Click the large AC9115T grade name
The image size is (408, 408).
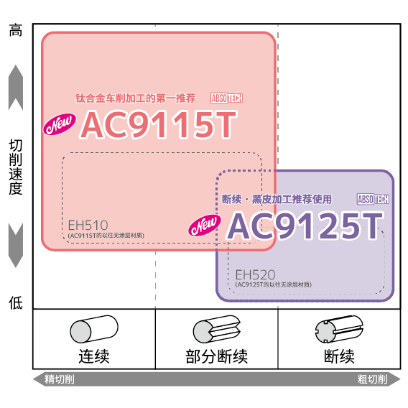point(159,124)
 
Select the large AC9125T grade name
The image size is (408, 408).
point(305,226)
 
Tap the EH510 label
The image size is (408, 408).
point(88,226)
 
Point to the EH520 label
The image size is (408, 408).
point(255,275)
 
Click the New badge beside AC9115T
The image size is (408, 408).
point(60,124)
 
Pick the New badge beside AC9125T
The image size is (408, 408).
point(205,225)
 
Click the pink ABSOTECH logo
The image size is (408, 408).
point(227,98)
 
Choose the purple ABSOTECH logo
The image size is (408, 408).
point(373,199)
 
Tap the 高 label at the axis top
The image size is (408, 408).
point(16,30)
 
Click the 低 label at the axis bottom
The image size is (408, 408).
point(16,302)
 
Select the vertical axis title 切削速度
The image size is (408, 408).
point(16,167)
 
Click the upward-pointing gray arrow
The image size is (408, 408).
point(16,88)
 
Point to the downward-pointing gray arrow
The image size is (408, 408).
point(16,246)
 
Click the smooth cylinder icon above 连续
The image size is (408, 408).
point(94,329)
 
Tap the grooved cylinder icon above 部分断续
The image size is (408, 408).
point(217,329)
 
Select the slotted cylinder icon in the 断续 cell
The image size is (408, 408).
point(339,329)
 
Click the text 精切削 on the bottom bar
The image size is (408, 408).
point(60,379)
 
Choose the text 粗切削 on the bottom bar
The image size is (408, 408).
point(372,379)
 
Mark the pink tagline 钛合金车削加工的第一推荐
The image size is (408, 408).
point(136,98)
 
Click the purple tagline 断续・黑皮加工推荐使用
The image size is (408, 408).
point(277,199)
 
